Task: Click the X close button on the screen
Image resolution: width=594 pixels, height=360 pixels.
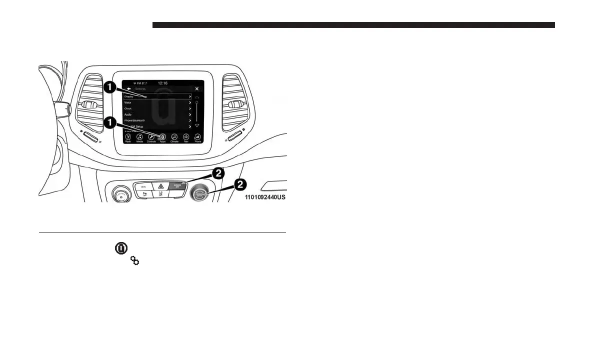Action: tap(196, 88)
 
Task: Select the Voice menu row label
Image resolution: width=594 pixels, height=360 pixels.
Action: tap(128, 102)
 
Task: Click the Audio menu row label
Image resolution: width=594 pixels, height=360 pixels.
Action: tap(128, 114)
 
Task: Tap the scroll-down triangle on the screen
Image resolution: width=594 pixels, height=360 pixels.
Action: tap(196, 125)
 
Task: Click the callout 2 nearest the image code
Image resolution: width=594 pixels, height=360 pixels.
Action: tap(239, 184)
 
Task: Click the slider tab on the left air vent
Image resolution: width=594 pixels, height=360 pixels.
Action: tap(89, 105)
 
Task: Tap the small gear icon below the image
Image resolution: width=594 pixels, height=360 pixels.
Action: tap(134, 260)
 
